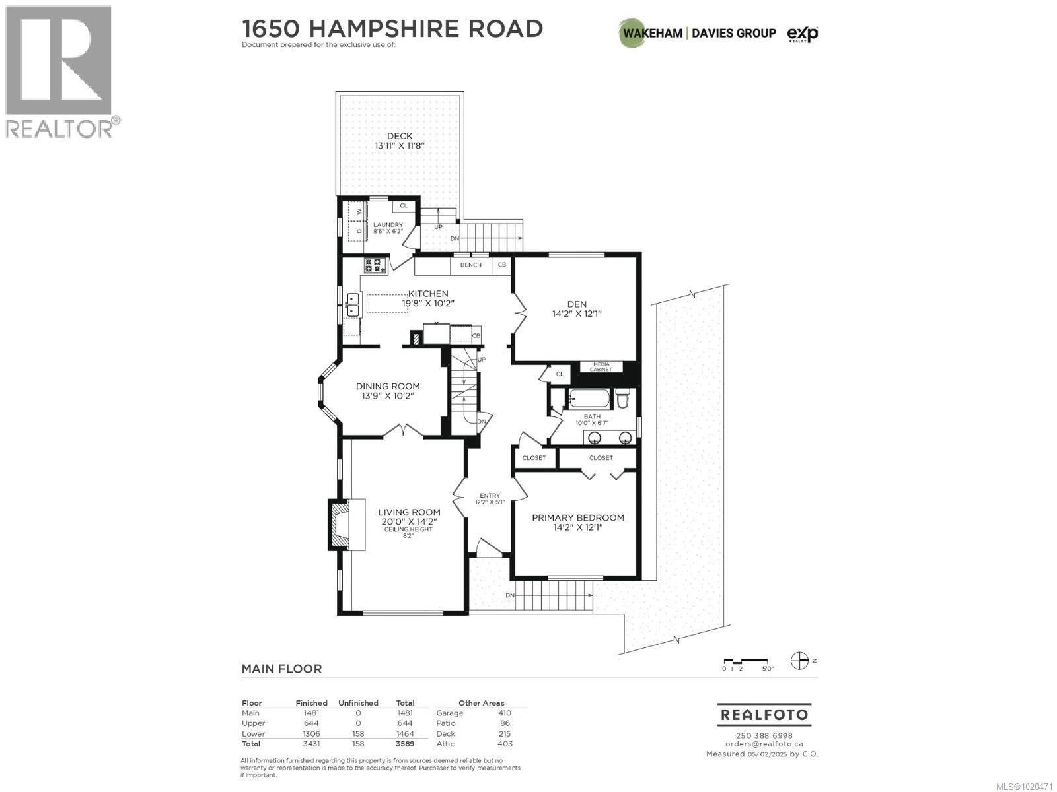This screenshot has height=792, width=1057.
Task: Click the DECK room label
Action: coord(400,136)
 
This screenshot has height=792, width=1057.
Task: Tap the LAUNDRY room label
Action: coord(388,225)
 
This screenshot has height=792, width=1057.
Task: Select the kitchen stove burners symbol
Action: coord(375,266)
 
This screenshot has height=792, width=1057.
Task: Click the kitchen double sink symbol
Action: coord(353,305)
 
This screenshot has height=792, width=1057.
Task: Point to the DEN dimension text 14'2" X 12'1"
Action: coord(577,314)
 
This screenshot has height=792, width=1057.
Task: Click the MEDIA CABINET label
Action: coord(601,367)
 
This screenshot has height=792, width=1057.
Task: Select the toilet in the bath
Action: coord(622,399)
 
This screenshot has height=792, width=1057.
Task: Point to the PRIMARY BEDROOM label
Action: coord(578,518)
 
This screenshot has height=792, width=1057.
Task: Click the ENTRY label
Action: coord(490,496)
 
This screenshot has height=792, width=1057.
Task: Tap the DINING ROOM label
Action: coord(388,387)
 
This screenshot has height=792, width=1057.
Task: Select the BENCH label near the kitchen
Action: coord(470,265)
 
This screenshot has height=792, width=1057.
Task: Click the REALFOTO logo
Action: coord(764,715)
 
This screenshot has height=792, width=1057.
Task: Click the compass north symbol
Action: coord(800,659)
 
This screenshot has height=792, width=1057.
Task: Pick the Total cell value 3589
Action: coord(404,744)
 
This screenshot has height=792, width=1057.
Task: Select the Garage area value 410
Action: coord(505,713)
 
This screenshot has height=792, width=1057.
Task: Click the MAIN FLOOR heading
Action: coord(281,669)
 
